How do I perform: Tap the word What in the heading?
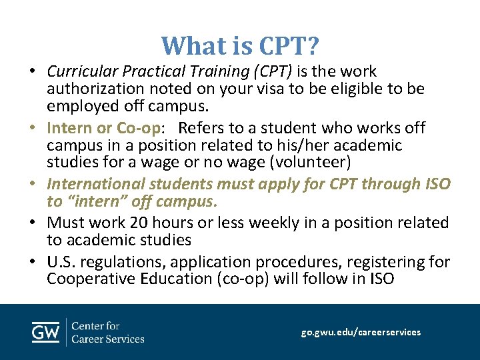point(189,46)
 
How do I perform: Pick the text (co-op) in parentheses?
point(243,279)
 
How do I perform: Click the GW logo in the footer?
point(45,332)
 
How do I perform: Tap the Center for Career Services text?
point(107,332)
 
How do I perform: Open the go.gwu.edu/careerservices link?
point(361,332)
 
